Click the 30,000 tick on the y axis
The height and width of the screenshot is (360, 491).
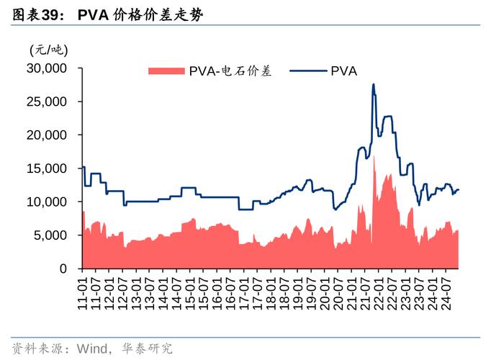tap(48, 68)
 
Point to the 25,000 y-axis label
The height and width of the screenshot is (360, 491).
tap(48, 102)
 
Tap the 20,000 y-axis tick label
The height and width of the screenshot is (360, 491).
tap(48, 135)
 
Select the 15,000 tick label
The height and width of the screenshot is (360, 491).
tap(48, 168)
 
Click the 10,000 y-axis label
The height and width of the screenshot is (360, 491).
tap(48, 202)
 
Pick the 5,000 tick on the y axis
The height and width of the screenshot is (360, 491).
tap(50, 235)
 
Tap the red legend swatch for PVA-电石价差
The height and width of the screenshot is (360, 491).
tap(166, 71)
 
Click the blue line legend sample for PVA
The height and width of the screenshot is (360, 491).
tap(307, 71)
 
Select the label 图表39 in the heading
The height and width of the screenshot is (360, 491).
tap(35, 15)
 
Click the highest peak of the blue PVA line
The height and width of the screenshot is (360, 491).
tap(373, 85)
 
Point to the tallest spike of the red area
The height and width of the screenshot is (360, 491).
tap(374, 156)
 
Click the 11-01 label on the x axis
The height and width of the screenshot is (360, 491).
tap(84, 290)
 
